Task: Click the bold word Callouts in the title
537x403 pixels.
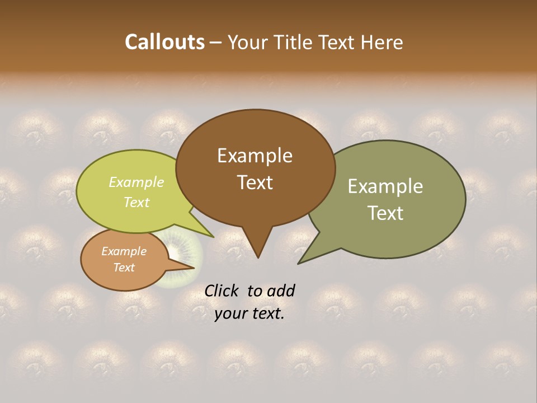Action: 164,42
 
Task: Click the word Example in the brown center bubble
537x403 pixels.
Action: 255,156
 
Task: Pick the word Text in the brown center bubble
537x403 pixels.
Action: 255,182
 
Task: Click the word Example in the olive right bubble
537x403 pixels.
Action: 385,186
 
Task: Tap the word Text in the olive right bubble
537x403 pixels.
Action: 385,213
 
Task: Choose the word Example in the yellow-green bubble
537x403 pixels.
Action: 136,182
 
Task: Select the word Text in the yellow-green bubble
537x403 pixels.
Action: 136,202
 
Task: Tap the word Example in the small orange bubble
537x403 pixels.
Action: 124,251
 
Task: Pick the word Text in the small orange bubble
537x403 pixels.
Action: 124,268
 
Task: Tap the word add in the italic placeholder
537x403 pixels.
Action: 281,290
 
